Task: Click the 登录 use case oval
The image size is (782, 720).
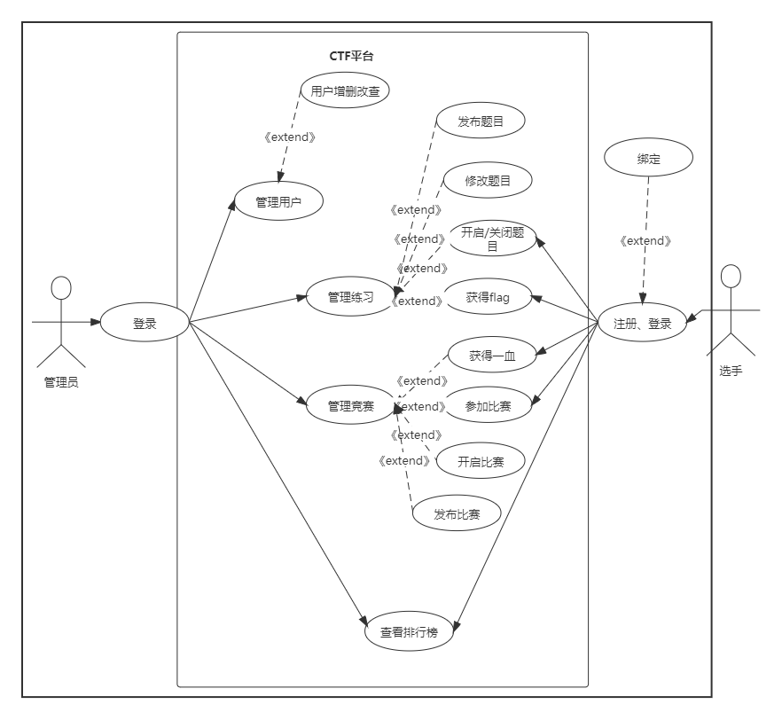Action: [145, 324]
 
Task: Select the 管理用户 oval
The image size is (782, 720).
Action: [278, 202]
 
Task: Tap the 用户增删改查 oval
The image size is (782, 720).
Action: [345, 90]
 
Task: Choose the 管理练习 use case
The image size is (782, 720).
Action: [350, 297]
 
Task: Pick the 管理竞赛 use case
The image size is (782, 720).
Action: [350, 406]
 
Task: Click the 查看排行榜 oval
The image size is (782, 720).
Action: [409, 632]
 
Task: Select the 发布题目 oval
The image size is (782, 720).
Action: [481, 121]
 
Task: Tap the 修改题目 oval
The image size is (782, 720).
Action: [488, 180]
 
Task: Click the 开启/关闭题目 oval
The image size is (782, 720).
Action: [492, 239]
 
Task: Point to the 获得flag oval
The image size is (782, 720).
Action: [488, 297]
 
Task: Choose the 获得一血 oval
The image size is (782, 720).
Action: [492, 356]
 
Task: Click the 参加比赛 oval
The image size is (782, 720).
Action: [488, 406]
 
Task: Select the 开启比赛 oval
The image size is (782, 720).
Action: [480, 461]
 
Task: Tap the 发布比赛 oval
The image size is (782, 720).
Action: [457, 513]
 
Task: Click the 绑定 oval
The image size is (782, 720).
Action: [648, 159]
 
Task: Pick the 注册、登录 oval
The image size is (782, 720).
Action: [643, 324]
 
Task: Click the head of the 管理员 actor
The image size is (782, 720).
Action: [60, 288]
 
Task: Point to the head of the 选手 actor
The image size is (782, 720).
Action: [731, 277]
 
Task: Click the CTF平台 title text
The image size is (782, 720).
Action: [352, 56]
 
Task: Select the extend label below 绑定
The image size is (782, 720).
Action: [645, 241]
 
